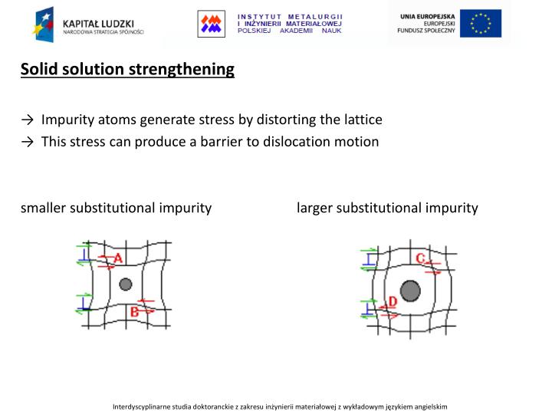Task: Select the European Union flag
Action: coord(481,24)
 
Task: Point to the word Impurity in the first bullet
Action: coord(67,120)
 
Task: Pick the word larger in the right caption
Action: coord(315,208)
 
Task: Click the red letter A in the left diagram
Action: coord(118,259)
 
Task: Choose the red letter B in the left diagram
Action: coord(134,311)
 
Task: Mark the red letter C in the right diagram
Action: coord(420,258)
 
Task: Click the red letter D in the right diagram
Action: coord(393,301)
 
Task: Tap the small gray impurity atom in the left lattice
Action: coord(126,284)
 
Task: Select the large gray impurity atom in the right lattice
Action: coord(410,291)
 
